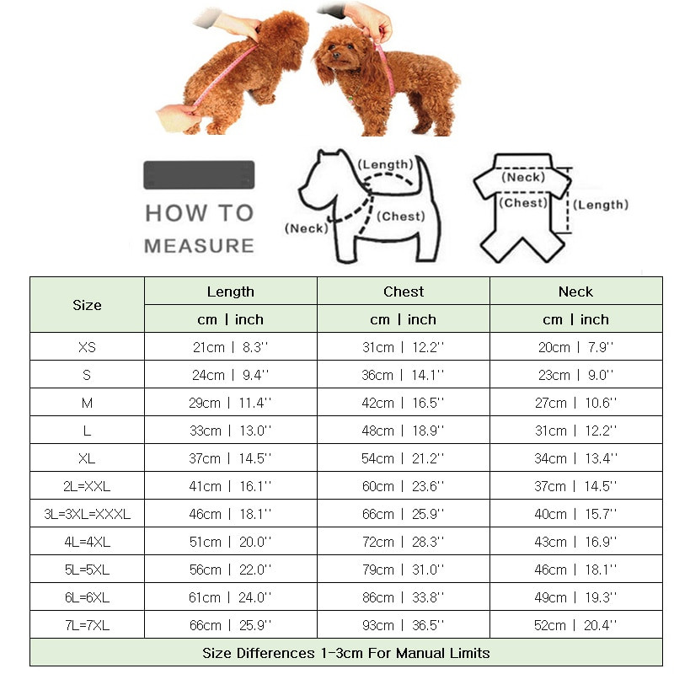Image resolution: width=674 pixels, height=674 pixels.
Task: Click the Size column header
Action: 88,305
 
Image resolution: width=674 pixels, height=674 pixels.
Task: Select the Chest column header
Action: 404,292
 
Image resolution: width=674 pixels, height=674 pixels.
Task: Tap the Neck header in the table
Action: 575,292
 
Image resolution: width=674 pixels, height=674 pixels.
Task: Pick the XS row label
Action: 88,347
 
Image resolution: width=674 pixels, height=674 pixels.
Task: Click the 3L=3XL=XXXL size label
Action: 88,514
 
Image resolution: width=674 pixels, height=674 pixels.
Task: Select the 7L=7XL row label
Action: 88,625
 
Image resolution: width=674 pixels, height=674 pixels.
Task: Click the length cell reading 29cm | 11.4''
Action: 230,403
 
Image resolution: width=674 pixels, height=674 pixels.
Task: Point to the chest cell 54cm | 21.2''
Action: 403,458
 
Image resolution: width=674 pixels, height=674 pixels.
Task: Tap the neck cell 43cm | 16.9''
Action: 575,542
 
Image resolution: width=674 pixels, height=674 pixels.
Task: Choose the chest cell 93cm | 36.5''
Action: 403,625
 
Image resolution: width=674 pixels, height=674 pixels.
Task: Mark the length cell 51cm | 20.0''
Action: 230,542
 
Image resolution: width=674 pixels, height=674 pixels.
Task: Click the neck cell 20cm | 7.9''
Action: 575,347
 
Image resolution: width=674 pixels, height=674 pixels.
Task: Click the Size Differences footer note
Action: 346,653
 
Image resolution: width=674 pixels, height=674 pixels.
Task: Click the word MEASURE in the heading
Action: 199,246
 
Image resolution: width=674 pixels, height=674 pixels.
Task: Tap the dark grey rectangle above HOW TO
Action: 199,175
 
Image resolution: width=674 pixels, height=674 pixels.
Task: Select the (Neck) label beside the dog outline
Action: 307,228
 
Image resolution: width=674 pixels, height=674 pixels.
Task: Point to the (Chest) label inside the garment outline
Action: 523,203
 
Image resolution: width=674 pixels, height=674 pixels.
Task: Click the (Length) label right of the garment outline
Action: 601,205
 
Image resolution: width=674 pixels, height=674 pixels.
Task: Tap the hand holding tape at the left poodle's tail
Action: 176,116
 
